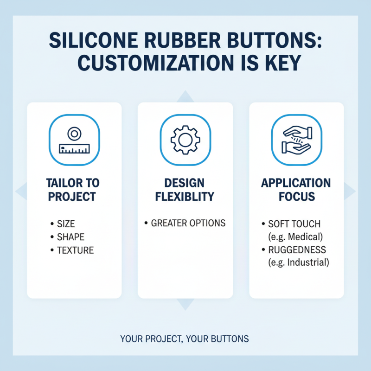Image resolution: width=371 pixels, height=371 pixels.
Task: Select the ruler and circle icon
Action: (x=74, y=140)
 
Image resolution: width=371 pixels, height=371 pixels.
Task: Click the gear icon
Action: (x=185, y=140)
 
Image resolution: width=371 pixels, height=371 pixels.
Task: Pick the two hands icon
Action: (x=296, y=140)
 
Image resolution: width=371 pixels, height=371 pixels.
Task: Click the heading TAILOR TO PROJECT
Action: (x=73, y=189)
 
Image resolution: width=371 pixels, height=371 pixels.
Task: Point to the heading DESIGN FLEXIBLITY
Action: (x=185, y=189)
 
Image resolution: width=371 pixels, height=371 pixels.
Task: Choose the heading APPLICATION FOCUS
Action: (x=296, y=189)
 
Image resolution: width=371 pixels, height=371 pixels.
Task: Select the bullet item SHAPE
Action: (x=70, y=237)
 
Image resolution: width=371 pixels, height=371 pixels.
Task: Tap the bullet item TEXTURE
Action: (x=75, y=250)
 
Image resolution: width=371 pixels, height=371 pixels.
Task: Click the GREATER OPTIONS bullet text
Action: (x=188, y=223)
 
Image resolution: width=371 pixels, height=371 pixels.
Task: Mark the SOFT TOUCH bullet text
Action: (x=294, y=224)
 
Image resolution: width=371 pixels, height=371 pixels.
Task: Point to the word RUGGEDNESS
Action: (x=297, y=250)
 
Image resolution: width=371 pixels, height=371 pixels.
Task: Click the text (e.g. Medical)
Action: (x=295, y=237)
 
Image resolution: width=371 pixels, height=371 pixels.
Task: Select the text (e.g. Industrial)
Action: (x=299, y=262)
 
